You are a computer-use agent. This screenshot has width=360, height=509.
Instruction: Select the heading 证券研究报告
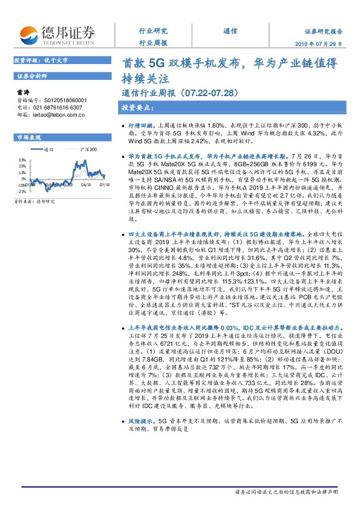323,30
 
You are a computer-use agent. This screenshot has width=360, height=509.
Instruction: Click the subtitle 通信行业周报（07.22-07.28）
172,93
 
